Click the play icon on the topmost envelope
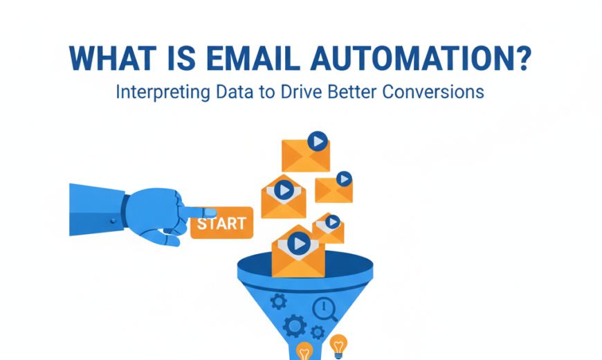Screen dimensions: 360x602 [318, 141]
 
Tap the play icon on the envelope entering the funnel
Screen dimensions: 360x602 [299, 243]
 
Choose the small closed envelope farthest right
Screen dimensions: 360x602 [334, 188]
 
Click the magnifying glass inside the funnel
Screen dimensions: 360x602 [324, 309]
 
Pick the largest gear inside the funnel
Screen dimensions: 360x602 [294, 325]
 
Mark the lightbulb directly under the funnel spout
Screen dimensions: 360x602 [304, 352]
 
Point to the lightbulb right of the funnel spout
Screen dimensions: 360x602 [338, 344]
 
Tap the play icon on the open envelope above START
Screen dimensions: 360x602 [283, 189]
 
